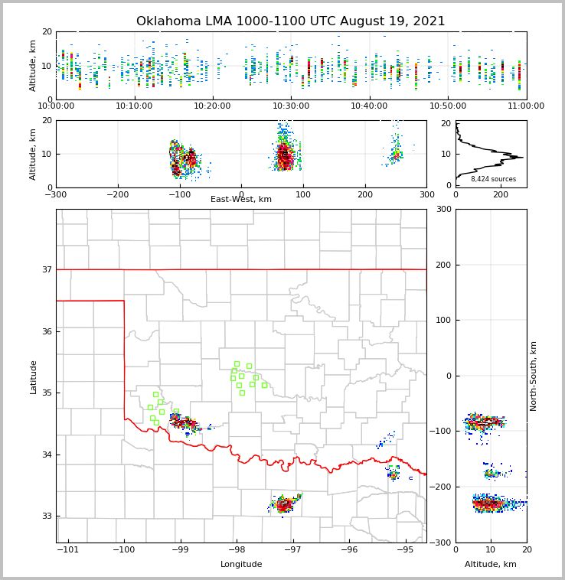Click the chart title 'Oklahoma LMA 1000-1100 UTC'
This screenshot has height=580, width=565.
(290, 21)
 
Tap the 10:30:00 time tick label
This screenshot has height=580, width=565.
(291, 106)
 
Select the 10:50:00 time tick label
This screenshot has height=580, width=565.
(448, 106)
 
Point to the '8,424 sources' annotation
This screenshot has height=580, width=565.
(493, 179)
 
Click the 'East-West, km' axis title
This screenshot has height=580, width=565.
(241, 200)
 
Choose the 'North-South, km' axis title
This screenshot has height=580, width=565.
(534, 376)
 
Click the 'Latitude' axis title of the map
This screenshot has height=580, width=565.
(34, 376)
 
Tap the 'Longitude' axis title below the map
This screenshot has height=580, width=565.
(241, 565)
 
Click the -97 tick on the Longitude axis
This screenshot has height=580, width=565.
(292, 550)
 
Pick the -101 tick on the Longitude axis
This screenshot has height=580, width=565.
(68, 550)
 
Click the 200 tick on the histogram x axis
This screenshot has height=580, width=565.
(500, 195)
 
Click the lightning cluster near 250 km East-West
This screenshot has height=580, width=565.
(395, 154)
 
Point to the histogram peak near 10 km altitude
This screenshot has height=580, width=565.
(518, 157)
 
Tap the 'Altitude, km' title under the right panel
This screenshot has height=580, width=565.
(491, 565)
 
